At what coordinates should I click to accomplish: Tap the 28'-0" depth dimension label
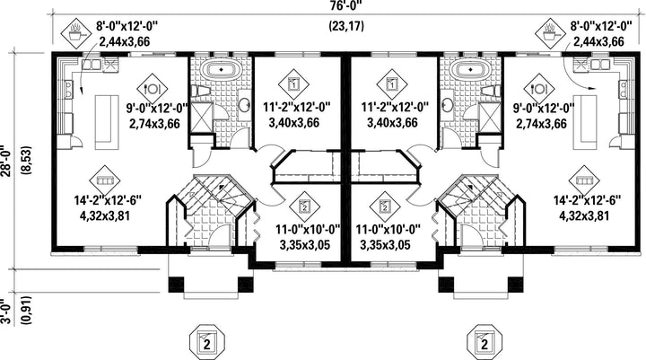[x=5, y=161]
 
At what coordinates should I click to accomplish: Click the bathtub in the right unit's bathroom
[x=469, y=69]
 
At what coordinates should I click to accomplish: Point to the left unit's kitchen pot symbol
[x=75, y=32]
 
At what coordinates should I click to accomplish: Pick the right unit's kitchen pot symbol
[x=550, y=32]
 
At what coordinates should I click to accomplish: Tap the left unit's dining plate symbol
[x=152, y=88]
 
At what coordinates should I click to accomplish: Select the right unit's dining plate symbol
[x=539, y=88]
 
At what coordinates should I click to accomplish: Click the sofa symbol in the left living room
[x=105, y=180]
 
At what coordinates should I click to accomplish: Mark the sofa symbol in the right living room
[x=584, y=180]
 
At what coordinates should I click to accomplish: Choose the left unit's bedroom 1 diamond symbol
[x=293, y=83]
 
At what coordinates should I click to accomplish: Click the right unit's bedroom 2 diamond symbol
[x=385, y=206]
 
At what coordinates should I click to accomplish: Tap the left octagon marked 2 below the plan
[x=207, y=342]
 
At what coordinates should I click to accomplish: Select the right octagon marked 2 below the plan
[x=484, y=342]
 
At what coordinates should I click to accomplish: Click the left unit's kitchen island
[x=105, y=122]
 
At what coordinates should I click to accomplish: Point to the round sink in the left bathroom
[x=244, y=104]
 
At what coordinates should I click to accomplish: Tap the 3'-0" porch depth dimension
[x=5, y=312]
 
